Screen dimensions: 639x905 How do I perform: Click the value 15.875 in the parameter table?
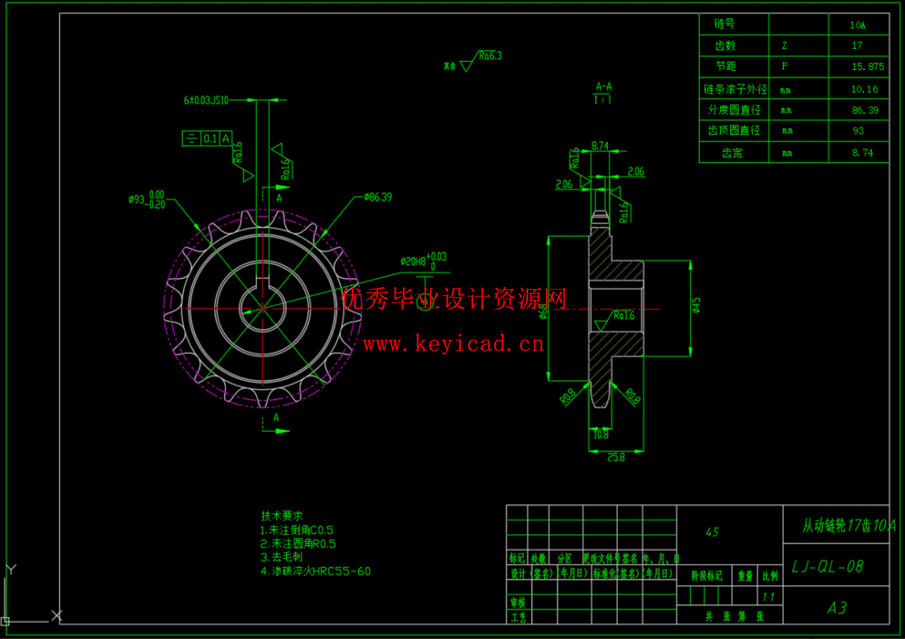[x=867, y=67]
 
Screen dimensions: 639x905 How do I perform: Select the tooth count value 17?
[x=857, y=46]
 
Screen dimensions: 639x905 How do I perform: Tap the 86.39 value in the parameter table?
[x=865, y=110]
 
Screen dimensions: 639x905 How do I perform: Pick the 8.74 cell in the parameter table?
[x=862, y=153]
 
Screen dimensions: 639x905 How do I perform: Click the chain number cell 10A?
[x=857, y=25]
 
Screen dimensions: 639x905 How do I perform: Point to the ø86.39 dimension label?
[x=378, y=197]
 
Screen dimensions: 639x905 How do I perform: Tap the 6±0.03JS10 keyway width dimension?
[x=206, y=100]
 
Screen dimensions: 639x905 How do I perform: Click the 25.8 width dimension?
[x=616, y=457]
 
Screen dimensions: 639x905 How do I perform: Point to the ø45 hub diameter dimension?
[x=696, y=305]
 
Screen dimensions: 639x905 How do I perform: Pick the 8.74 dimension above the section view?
[x=600, y=146]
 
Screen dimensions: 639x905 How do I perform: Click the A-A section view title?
[x=604, y=87]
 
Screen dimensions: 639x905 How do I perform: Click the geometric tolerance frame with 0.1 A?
[x=207, y=138]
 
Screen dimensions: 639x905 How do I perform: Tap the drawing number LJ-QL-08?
[x=827, y=567]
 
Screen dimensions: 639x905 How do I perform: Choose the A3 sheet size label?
[x=836, y=608]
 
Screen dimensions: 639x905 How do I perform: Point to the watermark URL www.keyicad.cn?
[x=453, y=344]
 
